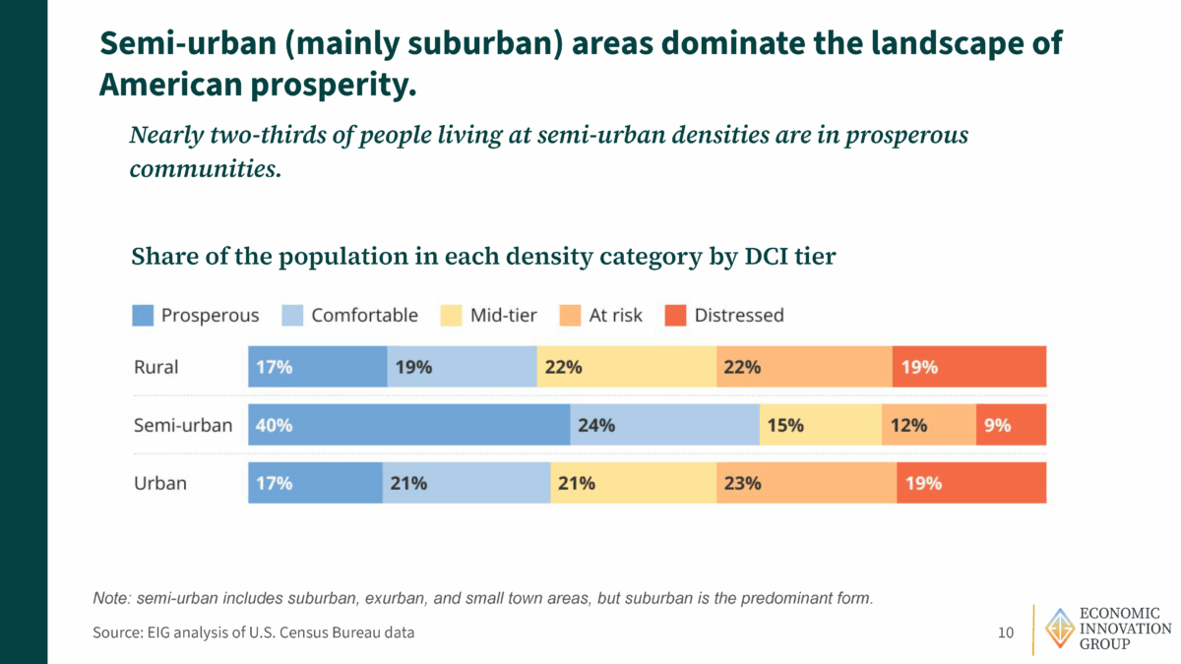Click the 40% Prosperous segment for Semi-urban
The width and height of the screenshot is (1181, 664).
[408, 425]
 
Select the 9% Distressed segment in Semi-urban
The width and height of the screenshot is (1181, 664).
[1011, 425]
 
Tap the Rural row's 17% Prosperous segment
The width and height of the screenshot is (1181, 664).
[317, 367]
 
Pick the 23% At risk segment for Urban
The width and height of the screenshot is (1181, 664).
[806, 483]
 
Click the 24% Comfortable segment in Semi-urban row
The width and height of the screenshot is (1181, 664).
[664, 425]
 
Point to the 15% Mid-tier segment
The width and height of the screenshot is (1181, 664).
[820, 425]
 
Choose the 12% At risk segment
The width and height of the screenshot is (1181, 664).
[928, 425]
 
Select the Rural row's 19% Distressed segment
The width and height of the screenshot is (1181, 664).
[969, 367]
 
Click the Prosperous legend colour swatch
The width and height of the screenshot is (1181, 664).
[143, 316]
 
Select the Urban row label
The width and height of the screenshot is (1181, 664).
[159, 483]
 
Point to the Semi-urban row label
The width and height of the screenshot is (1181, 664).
[182, 425]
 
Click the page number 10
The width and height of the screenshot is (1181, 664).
[1005, 633]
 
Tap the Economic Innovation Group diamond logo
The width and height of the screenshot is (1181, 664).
[1059, 629]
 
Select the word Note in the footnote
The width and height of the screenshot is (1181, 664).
[111, 598]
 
